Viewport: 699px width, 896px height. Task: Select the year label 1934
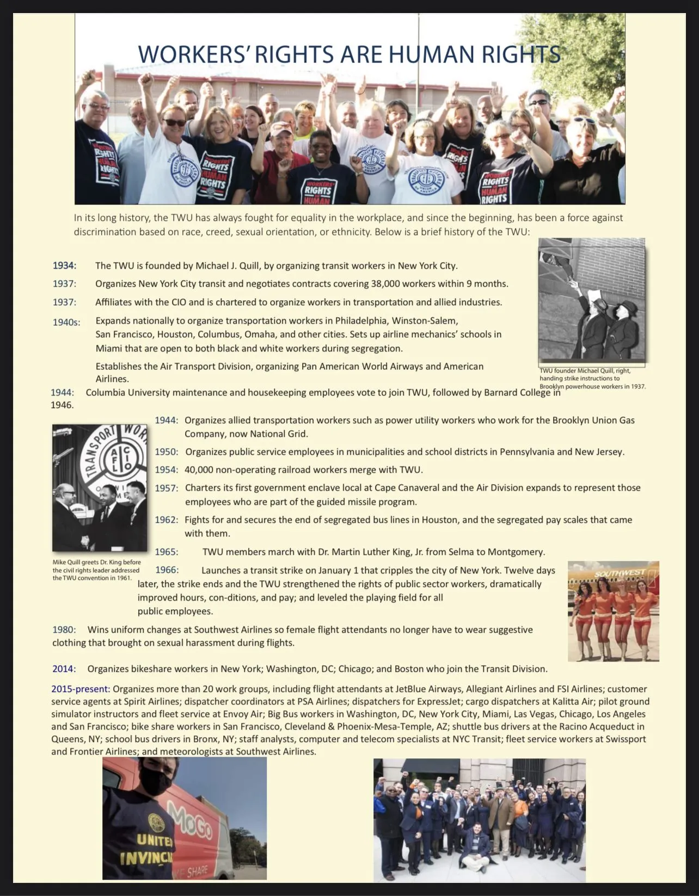click(x=64, y=265)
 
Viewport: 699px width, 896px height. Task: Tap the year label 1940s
click(x=66, y=322)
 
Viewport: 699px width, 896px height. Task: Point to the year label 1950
click(x=166, y=452)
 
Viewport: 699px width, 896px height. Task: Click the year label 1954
click(x=166, y=469)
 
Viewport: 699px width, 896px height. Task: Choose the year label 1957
click(x=166, y=488)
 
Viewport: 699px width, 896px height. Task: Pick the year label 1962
click(x=166, y=520)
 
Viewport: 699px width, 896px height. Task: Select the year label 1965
click(x=166, y=552)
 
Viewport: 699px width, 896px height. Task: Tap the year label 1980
click(x=64, y=629)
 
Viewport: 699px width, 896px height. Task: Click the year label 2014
click(x=64, y=669)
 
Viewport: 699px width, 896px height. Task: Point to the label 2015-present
click(x=81, y=689)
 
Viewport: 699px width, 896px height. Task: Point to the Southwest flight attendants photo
click(x=613, y=611)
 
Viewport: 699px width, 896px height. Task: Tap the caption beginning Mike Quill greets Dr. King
click(x=96, y=570)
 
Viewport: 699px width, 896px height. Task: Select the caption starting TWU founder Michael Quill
click(x=592, y=378)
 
